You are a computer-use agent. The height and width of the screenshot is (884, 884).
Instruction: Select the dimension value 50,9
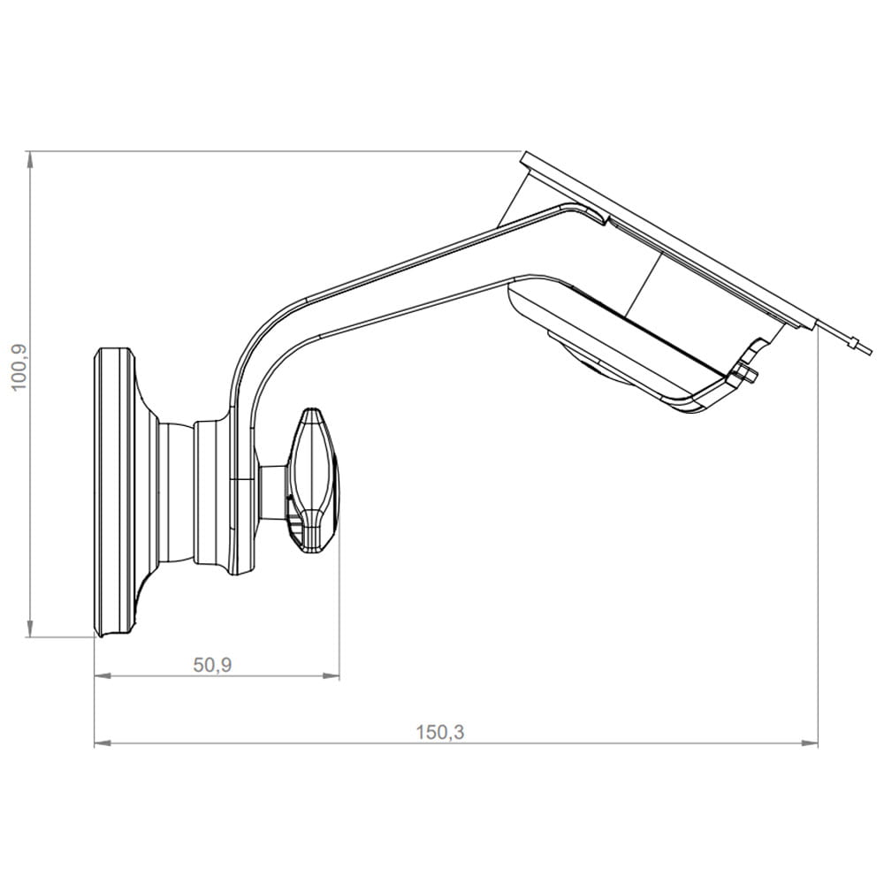212,666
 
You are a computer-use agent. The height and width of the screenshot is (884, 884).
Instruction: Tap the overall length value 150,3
440,732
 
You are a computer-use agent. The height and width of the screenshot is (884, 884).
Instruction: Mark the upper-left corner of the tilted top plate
525,157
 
